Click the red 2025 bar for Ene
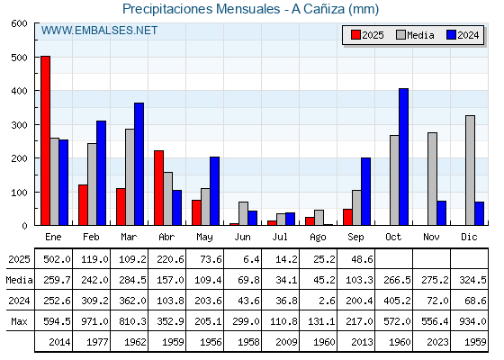[x=46, y=140]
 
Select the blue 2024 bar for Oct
[x=404, y=157]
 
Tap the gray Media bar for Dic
[x=470, y=170]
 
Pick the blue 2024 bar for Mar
[x=139, y=164]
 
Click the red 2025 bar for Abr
[x=158, y=188]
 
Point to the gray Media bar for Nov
[x=432, y=179]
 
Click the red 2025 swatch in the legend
[x=355, y=35]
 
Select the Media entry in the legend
[x=415, y=35]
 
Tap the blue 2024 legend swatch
[x=451, y=35]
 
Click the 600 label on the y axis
[x=19, y=23]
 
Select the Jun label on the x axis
[x=242, y=237]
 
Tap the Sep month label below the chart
[x=355, y=237]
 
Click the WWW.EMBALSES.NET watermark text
[x=99, y=31]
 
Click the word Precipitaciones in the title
[x=167, y=9]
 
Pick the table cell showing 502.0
[x=57, y=259]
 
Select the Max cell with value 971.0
[x=94, y=321]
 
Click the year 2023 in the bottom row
[x=437, y=342]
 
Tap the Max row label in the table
[x=19, y=321]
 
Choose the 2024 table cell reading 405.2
[x=397, y=301]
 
